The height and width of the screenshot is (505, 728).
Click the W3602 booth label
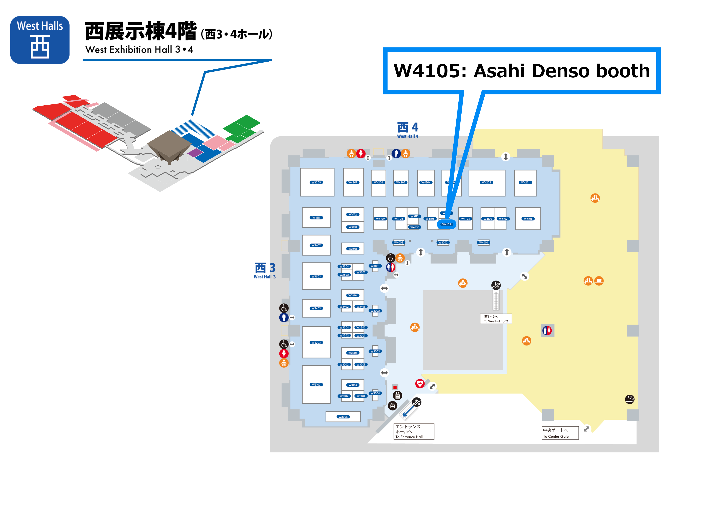tap(316, 245)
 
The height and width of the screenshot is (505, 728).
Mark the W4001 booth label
tap(483, 243)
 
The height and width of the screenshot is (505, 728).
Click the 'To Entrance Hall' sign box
tap(413, 432)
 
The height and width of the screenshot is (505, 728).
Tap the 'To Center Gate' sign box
tap(560, 433)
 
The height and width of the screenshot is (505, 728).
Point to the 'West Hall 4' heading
tap(408, 130)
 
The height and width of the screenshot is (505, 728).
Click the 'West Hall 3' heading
tap(265, 270)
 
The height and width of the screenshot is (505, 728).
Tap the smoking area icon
tap(630, 399)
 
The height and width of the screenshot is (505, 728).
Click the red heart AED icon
tap(420, 383)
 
